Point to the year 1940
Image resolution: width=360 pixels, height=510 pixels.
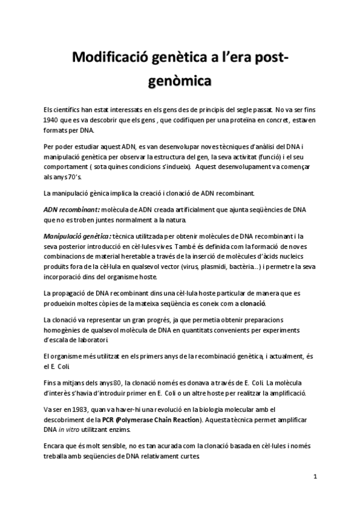point(55,120)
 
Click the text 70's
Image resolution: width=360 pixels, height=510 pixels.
point(80,177)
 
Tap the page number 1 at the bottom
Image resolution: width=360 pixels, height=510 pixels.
point(316,476)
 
